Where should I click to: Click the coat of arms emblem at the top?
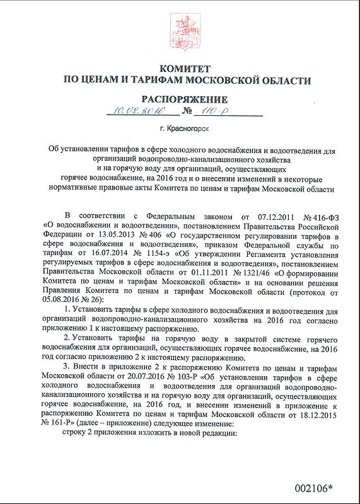click(x=180, y=29)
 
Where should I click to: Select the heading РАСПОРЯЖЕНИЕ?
click(x=184, y=100)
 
